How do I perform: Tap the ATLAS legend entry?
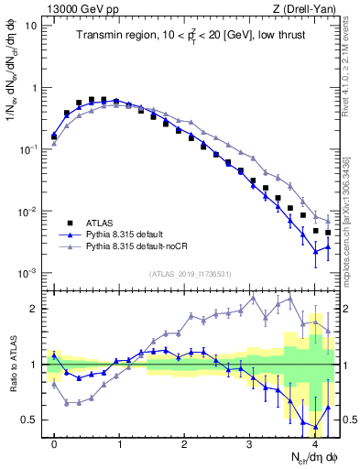(97, 222)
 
